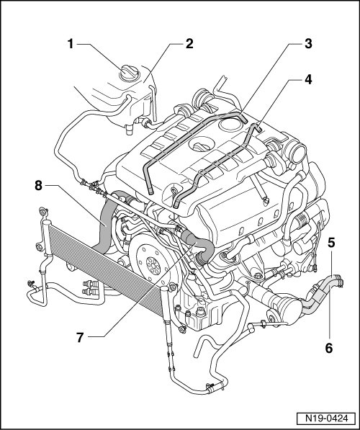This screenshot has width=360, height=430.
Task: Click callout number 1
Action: [71, 44]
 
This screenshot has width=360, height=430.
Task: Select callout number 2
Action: [189, 44]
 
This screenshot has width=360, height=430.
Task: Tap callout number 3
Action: [308, 44]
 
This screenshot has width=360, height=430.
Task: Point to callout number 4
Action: [308, 79]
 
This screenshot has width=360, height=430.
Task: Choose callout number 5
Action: [332, 243]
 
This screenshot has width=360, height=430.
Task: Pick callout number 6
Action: [329, 349]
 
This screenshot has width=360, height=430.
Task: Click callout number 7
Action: [80, 337]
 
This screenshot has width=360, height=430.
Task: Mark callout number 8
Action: [39, 186]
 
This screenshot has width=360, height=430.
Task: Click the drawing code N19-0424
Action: [327, 418]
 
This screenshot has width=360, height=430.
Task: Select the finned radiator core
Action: [104, 265]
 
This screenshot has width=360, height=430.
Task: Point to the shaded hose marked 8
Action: [106, 224]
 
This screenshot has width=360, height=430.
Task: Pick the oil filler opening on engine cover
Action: [202, 145]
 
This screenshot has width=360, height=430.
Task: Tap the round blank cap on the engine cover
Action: [230, 125]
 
